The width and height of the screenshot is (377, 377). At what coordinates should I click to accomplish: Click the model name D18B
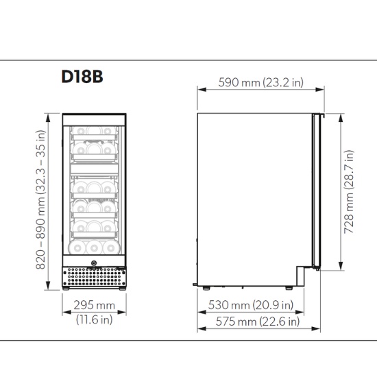82,76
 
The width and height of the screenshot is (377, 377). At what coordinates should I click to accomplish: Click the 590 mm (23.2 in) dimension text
260,82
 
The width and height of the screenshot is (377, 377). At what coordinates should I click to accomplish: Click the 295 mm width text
93,306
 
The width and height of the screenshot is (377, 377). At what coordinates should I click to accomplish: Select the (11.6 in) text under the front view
93,319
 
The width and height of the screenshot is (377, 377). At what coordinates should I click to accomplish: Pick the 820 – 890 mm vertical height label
40,199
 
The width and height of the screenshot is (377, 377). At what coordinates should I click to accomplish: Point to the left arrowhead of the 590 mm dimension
199,89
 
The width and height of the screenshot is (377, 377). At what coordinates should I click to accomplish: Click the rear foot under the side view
200,284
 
